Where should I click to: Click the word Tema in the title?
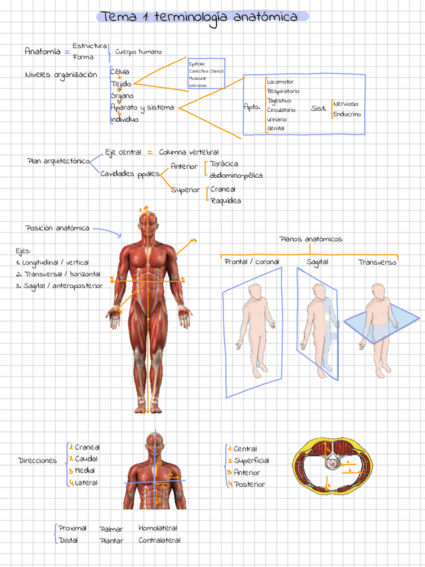116,17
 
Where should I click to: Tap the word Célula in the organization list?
120,72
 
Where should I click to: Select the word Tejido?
121,84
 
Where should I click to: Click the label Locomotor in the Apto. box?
280,82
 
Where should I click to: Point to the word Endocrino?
347,114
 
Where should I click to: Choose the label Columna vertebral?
188,152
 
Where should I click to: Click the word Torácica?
224,164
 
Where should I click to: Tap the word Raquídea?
225,201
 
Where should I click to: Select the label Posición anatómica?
57,228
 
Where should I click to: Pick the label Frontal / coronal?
252,262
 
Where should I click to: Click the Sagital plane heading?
317,262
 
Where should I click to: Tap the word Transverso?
377,262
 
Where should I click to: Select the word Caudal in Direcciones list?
86,459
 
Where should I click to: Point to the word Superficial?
251,461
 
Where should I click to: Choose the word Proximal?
72,528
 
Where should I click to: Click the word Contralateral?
159,540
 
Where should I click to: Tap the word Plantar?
111,540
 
